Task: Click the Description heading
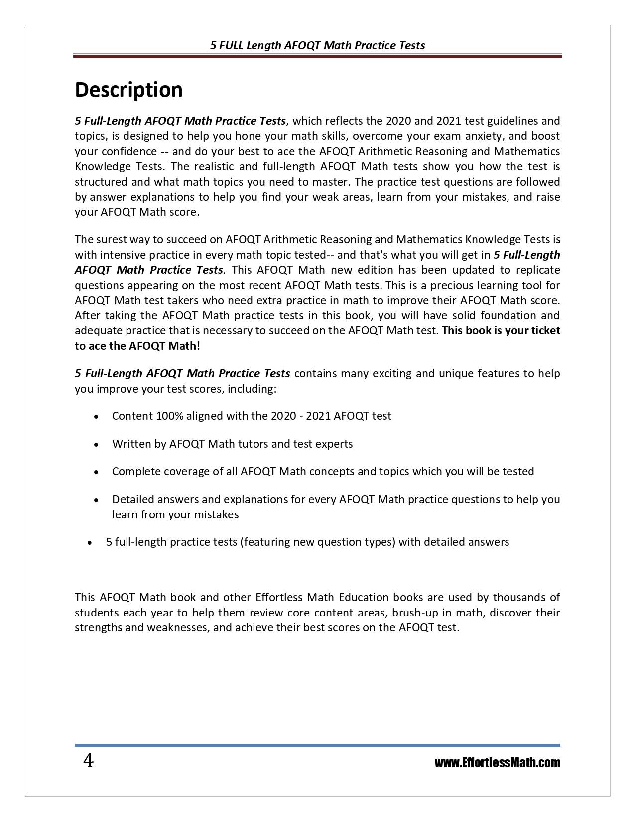[x=128, y=90]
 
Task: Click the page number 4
[x=88, y=761]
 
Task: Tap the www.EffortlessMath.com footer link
[x=497, y=763]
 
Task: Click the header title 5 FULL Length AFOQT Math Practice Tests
[x=317, y=45]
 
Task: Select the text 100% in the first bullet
[x=169, y=416]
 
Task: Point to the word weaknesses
[x=177, y=627]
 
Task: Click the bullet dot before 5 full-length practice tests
[x=90, y=543]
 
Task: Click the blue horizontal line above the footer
[x=317, y=745]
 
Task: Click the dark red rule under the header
[x=317, y=56]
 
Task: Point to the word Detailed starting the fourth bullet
[x=131, y=499]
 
